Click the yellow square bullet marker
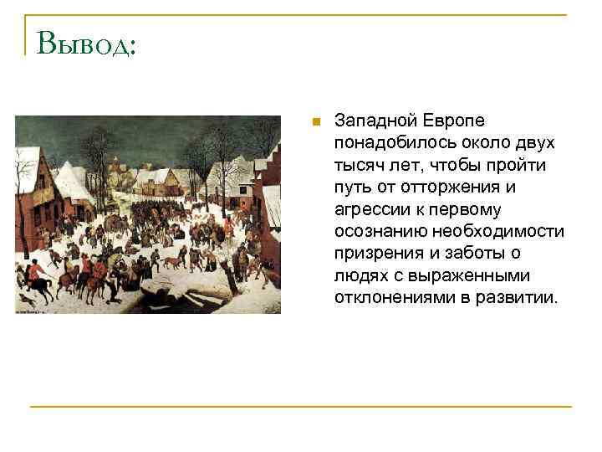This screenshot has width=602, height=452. coord(314,122)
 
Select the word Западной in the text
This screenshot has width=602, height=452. coord(370,121)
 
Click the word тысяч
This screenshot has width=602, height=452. coord(357,165)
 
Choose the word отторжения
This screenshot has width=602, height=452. coord(462,187)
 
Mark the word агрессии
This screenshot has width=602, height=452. coord(367,208)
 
